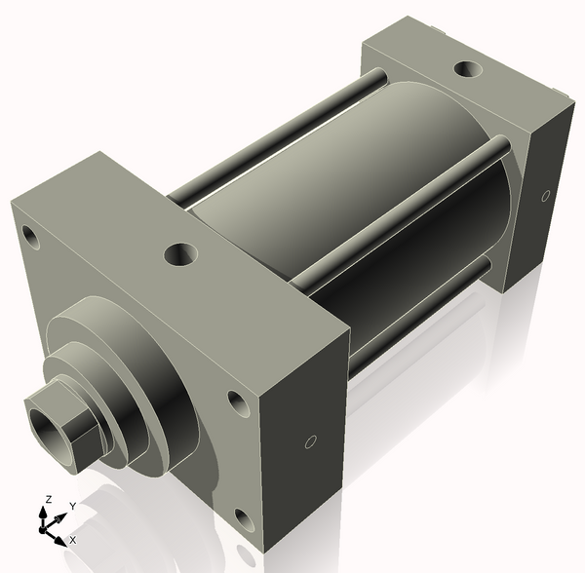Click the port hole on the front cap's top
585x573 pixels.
(x=181, y=255)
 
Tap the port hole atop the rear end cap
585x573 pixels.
(x=469, y=70)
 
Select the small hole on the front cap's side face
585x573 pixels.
(x=310, y=442)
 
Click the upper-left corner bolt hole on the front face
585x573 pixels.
(x=30, y=236)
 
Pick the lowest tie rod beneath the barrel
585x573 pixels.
(x=419, y=317)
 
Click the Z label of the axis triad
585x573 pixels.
(x=46, y=500)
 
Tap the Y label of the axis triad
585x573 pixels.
(x=72, y=506)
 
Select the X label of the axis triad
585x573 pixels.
(x=72, y=539)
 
